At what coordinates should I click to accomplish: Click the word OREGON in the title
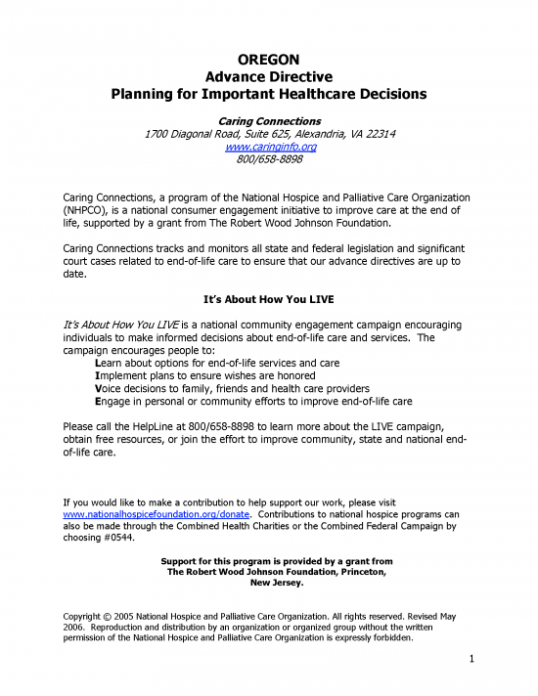269,59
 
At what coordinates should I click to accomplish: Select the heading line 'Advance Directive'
269,76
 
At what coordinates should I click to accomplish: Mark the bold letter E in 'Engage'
97,401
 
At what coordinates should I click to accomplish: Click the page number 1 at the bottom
471,659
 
